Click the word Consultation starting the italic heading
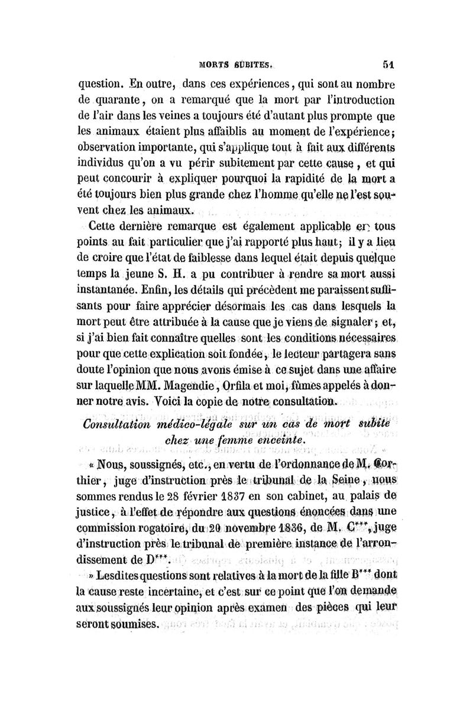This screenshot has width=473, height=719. tap(121, 424)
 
